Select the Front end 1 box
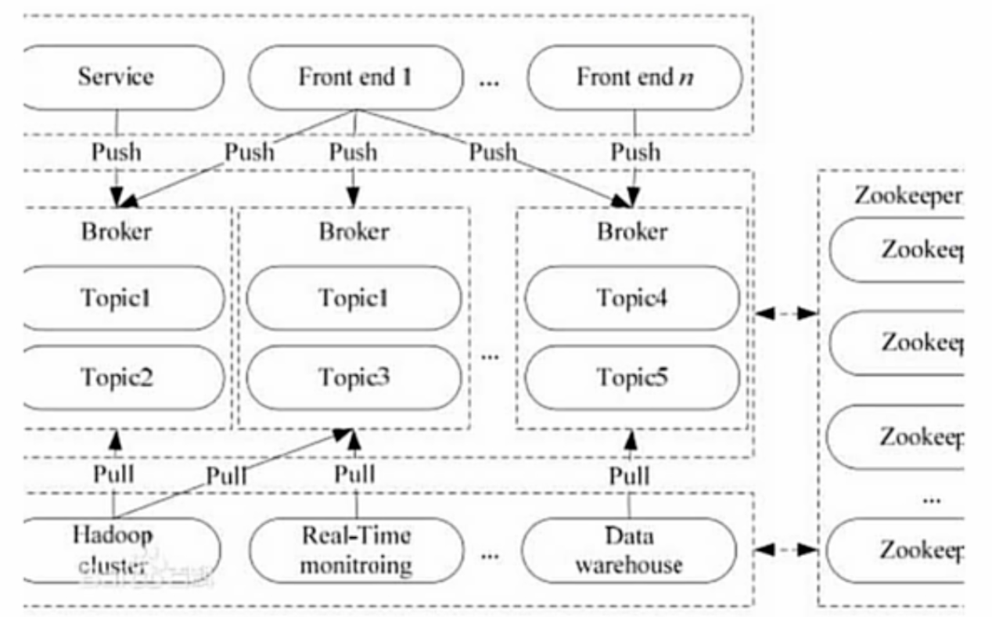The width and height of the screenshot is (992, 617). (x=355, y=77)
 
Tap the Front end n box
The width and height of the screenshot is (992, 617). (x=634, y=77)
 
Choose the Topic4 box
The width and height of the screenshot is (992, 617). (x=632, y=298)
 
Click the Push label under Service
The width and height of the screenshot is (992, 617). (x=117, y=151)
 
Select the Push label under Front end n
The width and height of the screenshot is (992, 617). (x=634, y=151)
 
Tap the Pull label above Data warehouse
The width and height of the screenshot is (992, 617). (x=630, y=474)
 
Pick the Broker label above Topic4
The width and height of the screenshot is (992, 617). (x=632, y=232)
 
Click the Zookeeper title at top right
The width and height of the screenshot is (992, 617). (x=908, y=196)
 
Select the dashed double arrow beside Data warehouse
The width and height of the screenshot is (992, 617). (x=786, y=550)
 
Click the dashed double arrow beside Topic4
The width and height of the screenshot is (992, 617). (x=786, y=314)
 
